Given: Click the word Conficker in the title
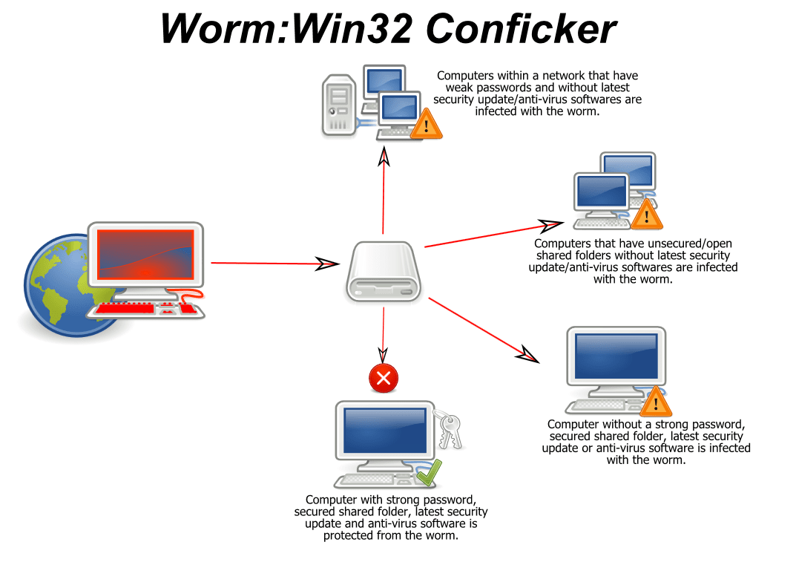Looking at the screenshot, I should coord(521,30).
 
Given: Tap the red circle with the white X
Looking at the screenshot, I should coord(384,379).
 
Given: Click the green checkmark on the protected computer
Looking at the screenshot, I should coord(429,471).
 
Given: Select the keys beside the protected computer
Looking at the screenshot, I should coord(450,430).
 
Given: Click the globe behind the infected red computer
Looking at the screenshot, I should coord(52,290).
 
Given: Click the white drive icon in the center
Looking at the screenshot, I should coord(384,272).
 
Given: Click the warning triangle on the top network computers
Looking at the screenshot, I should coord(426,124).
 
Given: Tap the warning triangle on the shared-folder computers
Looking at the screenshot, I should coord(646,215).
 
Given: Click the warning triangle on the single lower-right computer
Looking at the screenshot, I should coord(655,402).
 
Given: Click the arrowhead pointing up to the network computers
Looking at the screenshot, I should coord(384,155).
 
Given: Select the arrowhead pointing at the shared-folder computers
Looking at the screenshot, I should coord(550,224).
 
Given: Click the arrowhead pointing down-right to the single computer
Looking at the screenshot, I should coord(526,354).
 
